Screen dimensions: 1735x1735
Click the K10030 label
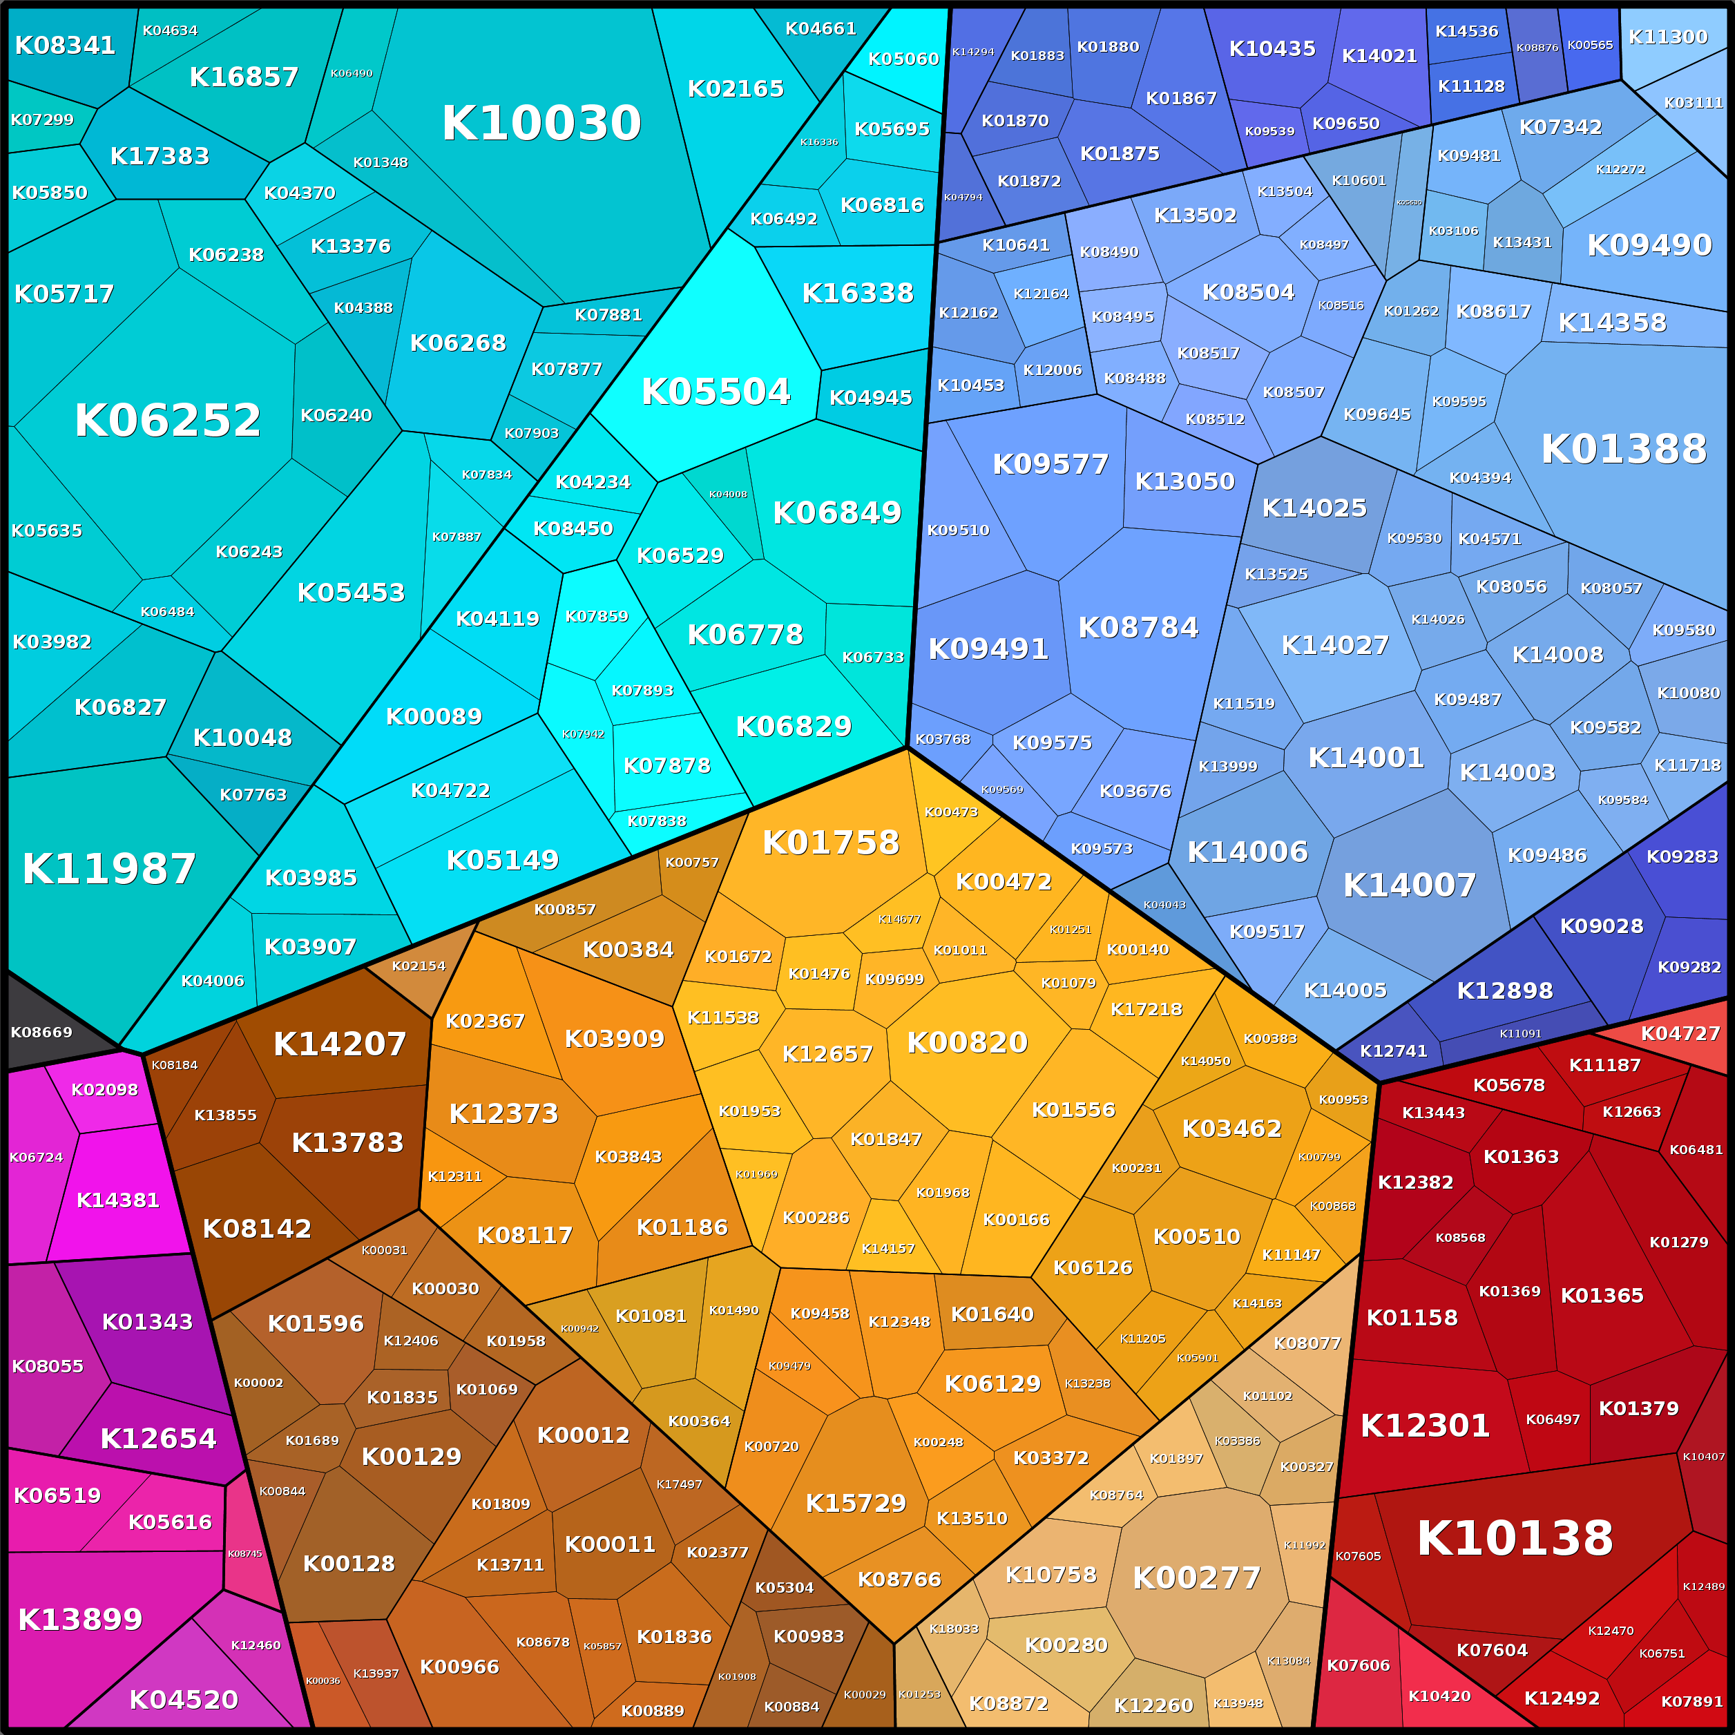point(541,123)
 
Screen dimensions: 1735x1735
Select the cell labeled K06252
point(167,420)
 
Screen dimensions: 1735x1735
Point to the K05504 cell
point(716,392)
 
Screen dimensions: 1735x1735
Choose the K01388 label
point(1624,449)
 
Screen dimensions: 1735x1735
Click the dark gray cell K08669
point(41,1032)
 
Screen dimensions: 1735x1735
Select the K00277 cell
point(1196,1578)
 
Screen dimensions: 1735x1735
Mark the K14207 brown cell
point(339,1044)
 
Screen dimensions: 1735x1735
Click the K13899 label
point(80,1619)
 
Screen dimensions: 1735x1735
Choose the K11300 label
point(1667,37)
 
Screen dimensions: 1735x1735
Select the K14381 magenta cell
point(117,1200)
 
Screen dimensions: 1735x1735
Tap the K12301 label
point(1424,1425)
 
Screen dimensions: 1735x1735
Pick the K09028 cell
point(1601,926)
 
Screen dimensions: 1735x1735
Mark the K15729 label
point(856,1504)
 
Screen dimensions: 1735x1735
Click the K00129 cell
point(411,1457)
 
